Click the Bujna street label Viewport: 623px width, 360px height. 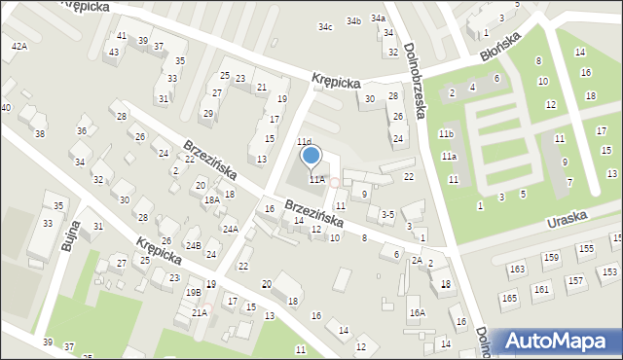click(70, 234)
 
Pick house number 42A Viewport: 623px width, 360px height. click(18, 46)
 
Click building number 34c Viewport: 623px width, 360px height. click(325, 27)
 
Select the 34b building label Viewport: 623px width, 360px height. click(353, 20)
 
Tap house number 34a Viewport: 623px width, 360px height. click(378, 18)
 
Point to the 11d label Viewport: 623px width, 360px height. click(304, 142)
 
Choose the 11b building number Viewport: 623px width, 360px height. click(446, 133)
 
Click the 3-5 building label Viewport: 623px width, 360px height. click(387, 214)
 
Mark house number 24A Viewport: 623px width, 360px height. click(230, 229)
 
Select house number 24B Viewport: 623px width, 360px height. click(194, 245)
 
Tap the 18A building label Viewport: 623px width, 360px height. click(211, 199)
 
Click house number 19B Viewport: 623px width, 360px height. click(194, 292)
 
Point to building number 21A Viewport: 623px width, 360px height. click(199, 312)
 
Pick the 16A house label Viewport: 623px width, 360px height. click(417, 312)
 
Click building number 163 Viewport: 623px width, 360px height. click(517, 269)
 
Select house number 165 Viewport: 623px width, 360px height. click(509, 299)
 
